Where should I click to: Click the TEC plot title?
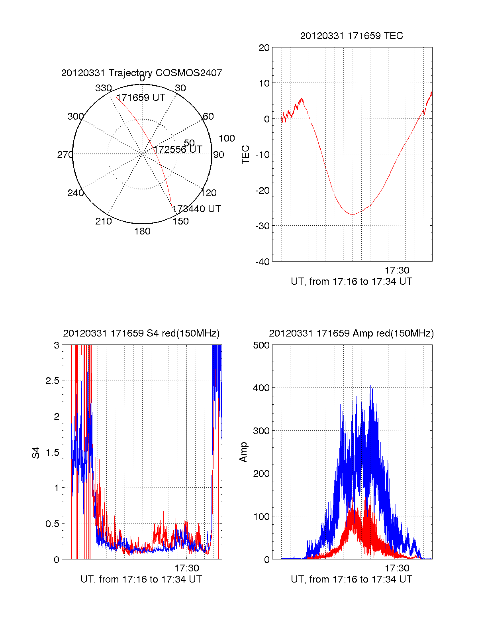point(351,36)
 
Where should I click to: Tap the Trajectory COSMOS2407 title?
point(141,73)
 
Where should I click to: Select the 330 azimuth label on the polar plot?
point(103,88)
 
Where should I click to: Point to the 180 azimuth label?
point(142,231)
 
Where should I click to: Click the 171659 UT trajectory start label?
point(141,98)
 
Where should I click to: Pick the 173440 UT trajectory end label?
point(196,209)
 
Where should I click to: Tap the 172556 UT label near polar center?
point(178,150)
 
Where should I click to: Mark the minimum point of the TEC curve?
point(352,215)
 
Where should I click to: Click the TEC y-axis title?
point(245,155)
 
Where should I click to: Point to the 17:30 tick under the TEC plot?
point(397,271)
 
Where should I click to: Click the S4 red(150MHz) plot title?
point(141,333)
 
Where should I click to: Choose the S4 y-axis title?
point(36,453)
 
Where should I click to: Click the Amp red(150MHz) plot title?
point(351,333)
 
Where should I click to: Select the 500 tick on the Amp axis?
point(261,345)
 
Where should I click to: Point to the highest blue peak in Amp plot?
point(371,384)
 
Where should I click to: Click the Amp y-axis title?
point(243,452)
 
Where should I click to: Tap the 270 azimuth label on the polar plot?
point(65,155)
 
